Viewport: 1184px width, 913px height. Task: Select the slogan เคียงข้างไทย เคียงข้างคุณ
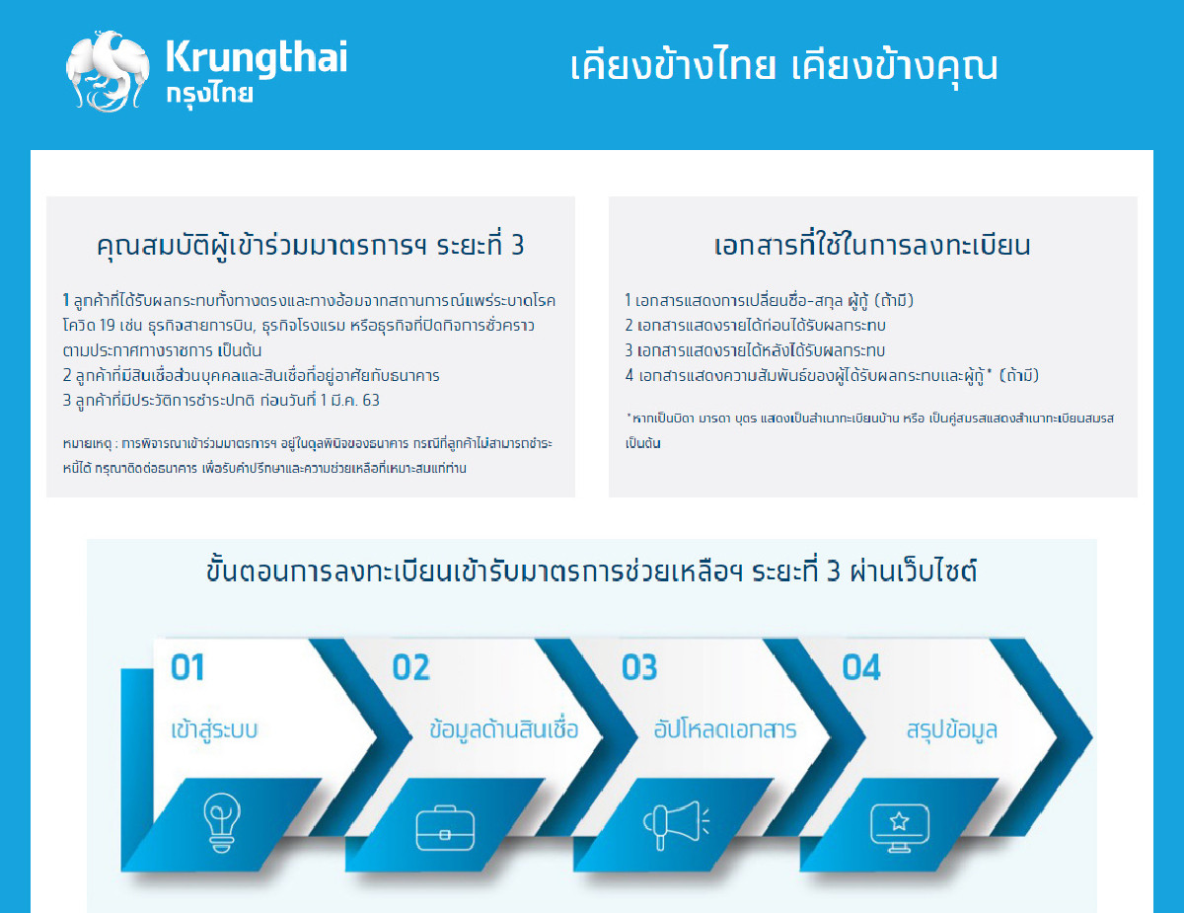[x=784, y=66]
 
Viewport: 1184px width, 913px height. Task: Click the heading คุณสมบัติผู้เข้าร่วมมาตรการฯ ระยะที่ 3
[x=311, y=246]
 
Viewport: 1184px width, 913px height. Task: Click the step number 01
[x=187, y=668]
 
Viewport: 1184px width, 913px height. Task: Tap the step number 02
[x=410, y=668]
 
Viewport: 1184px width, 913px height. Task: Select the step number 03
[x=638, y=668]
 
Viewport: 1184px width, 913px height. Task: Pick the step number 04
[x=860, y=668]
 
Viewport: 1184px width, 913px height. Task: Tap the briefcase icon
[x=445, y=825]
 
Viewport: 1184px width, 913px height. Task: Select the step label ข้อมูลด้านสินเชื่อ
[x=504, y=731]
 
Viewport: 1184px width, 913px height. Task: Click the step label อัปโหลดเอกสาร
[x=725, y=731]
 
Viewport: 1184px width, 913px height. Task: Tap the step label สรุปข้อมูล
[x=951, y=731]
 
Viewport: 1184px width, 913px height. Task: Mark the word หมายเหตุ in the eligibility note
[x=84, y=444]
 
